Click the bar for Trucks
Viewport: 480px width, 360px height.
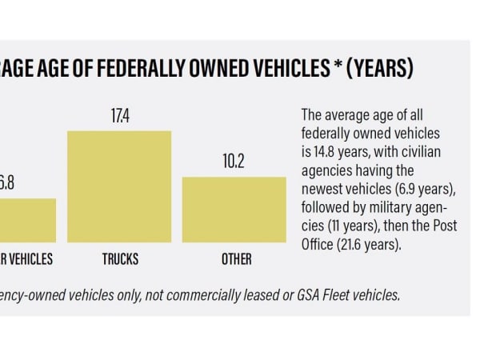coord(119,186)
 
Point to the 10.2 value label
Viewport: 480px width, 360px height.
coord(234,162)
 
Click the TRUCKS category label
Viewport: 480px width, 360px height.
coord(120,259)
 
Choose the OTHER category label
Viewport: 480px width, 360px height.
coord(236,259)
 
